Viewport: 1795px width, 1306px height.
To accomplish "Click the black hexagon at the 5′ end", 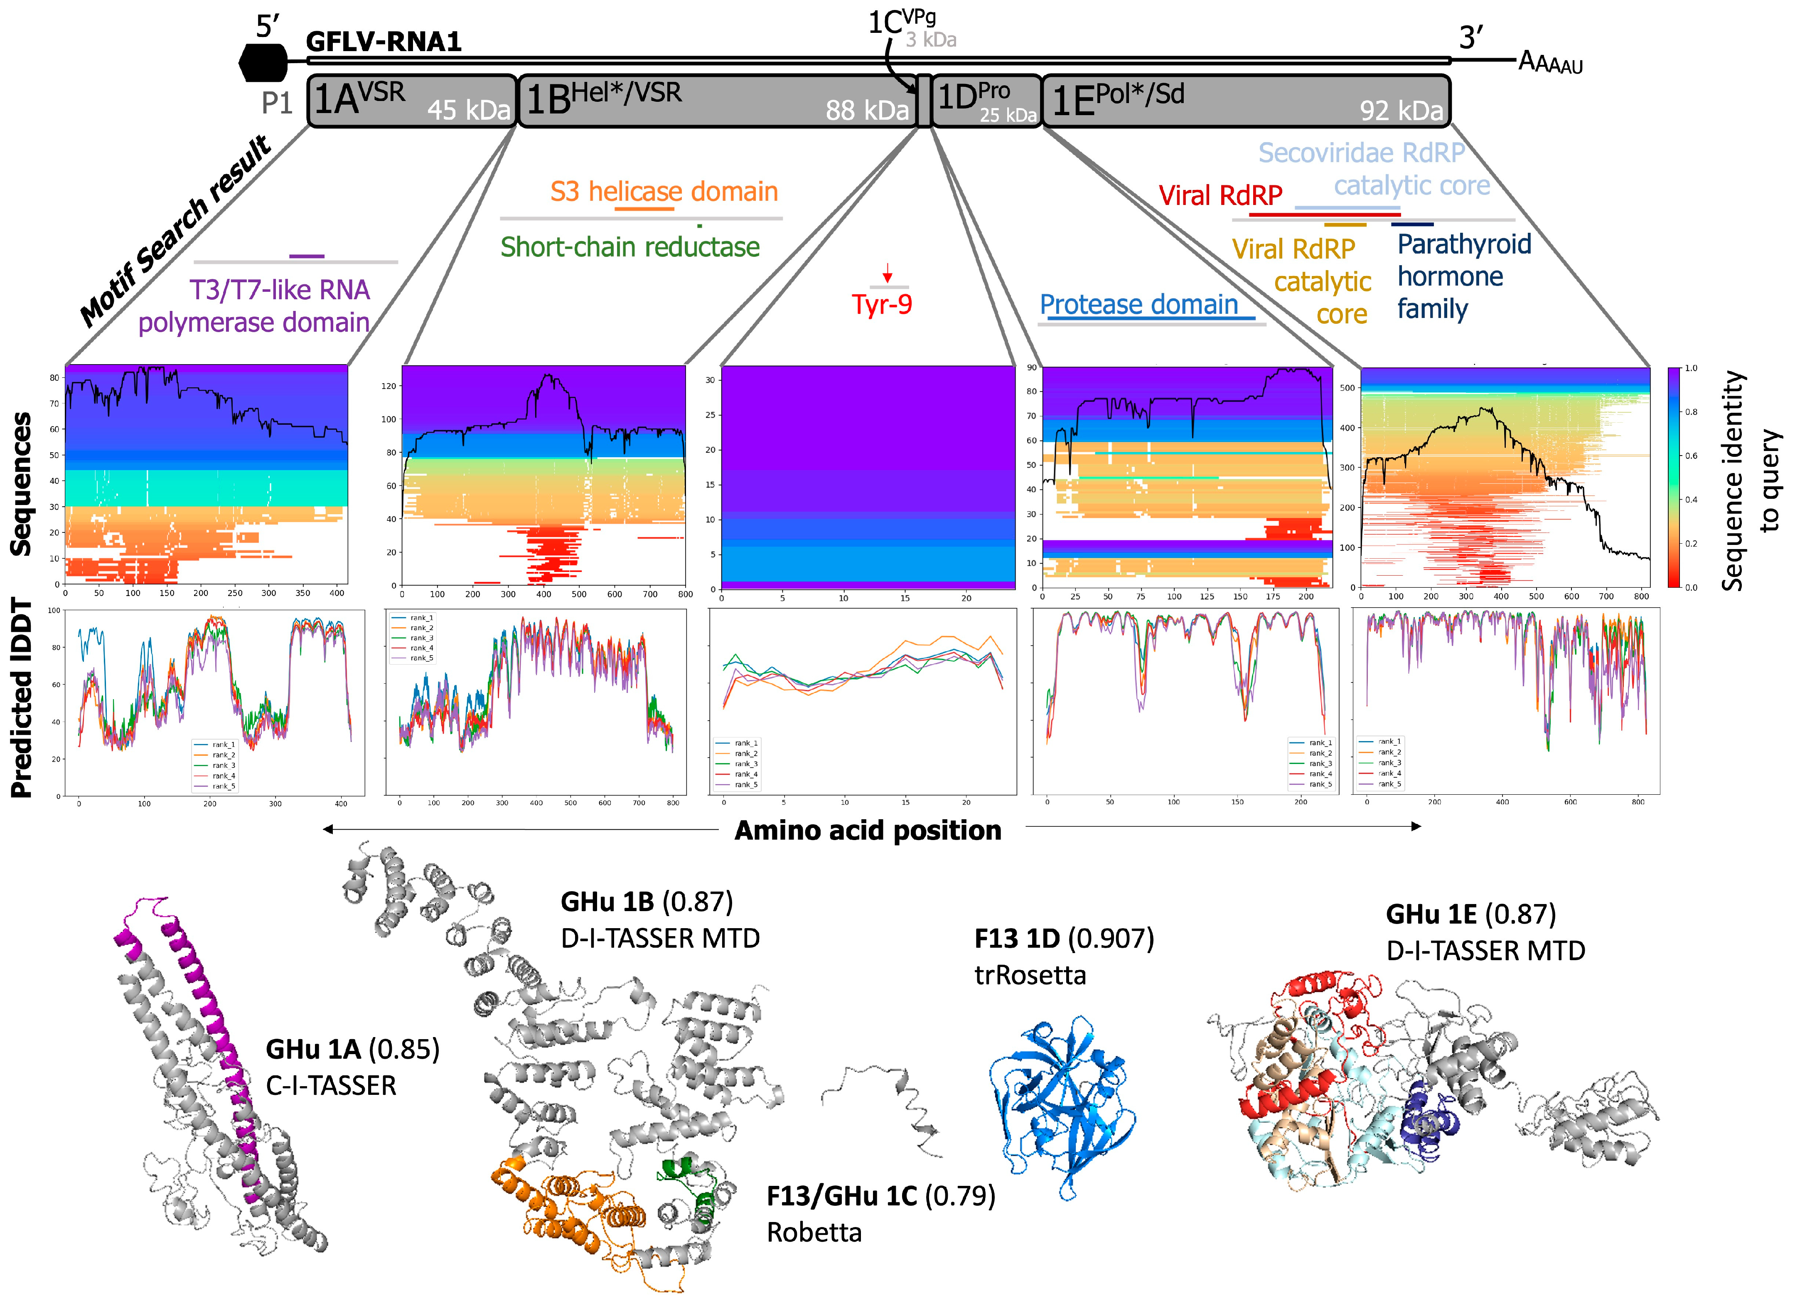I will point(263,62).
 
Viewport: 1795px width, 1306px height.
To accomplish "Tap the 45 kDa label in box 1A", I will point(469,110).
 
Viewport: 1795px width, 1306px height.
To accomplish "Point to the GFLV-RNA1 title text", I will point(384,41).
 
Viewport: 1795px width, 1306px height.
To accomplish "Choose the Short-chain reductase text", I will point(630,247).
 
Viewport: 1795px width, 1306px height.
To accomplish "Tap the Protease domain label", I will point(1139,305).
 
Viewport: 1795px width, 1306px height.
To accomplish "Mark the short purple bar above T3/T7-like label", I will point(307,256).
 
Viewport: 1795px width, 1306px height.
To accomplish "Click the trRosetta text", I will point(1030,975).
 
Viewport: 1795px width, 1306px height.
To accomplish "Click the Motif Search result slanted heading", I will point(176,231).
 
